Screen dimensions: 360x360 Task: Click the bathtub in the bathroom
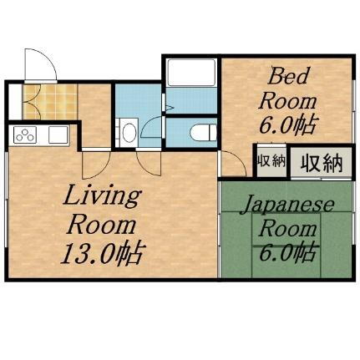point(190,84)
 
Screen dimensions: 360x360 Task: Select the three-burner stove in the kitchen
point(23,134)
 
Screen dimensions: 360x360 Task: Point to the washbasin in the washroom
point(129,132)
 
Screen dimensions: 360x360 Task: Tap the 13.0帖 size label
point(102,251)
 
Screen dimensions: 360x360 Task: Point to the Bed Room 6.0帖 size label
point(287,127)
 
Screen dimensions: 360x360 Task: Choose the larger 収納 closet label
point(320,161)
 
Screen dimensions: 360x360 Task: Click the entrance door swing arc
point(38,63)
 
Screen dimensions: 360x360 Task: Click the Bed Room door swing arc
point(230,164)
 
